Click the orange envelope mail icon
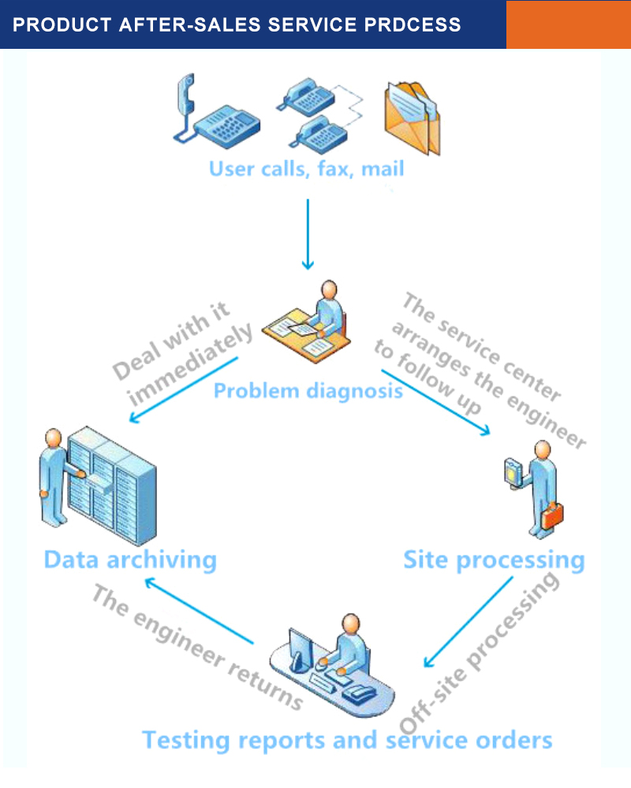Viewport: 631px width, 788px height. point(411,118)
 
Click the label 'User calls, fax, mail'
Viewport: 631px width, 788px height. point(306,169)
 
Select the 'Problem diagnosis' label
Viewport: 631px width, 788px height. point(308,390)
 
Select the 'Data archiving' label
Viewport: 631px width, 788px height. point(130,559)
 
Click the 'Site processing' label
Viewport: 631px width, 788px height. point(494,560)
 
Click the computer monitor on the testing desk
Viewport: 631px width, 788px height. point(301,649)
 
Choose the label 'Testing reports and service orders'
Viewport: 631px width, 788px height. point(347,740)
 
